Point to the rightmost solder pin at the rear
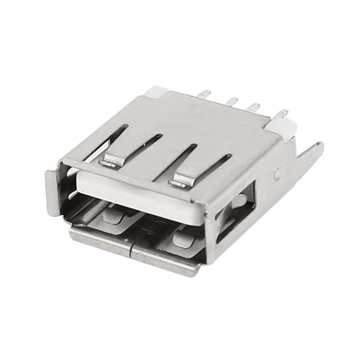[x=281, y=114]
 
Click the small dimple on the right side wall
[x=276, y=176]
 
